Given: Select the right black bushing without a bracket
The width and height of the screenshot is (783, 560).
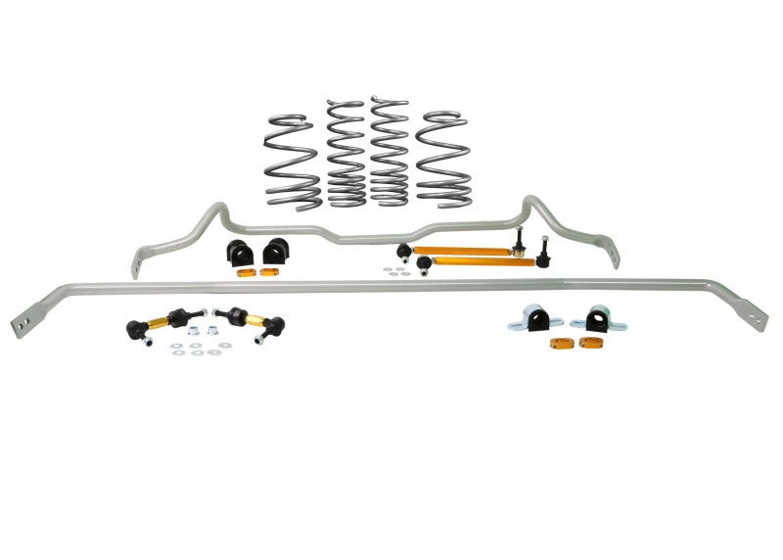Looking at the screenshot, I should [x=277, y=250].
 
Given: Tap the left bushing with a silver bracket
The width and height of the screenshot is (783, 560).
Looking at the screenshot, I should [x=537, y=318].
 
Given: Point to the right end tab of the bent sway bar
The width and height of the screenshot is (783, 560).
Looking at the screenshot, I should [x=615, y=257].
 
